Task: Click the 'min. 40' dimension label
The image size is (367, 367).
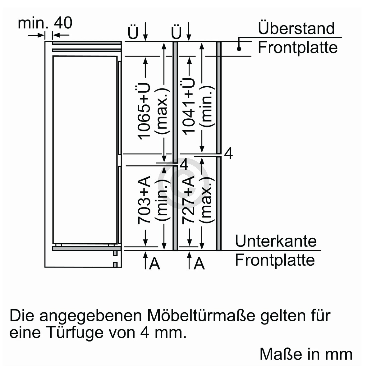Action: pyautogui.click(x=45, y=23)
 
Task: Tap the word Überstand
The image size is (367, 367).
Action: pyautogui.click(x=296, y=28)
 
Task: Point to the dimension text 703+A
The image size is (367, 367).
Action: pyautogui.click(x=144, y=200)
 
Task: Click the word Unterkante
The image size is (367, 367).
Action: pyautogui.click(x=276, y=241)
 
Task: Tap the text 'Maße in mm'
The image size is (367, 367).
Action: pyautogui.click(x=306, y=354)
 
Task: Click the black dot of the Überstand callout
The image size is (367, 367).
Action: pyautogui.click(x=239, y=49)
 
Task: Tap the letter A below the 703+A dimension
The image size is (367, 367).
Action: pyautogui.click(x=155, y=264)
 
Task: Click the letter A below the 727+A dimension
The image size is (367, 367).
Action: pyautogui.click(x=199, y=264)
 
